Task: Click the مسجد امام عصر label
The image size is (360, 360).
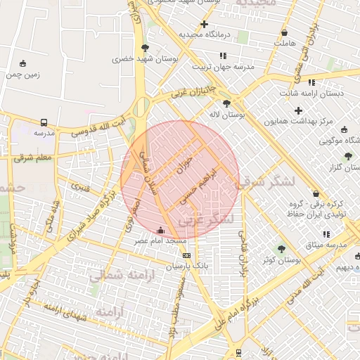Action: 161,241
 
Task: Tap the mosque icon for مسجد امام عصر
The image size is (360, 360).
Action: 160,229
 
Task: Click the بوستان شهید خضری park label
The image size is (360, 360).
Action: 143,59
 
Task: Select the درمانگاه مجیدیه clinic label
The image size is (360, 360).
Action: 205,34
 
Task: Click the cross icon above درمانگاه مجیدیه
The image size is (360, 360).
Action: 205,24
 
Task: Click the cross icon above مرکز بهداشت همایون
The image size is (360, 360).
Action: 299,110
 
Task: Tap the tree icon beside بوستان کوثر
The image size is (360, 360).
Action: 281,248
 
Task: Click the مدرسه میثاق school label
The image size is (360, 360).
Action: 326,245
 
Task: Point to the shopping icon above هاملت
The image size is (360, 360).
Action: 285,32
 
